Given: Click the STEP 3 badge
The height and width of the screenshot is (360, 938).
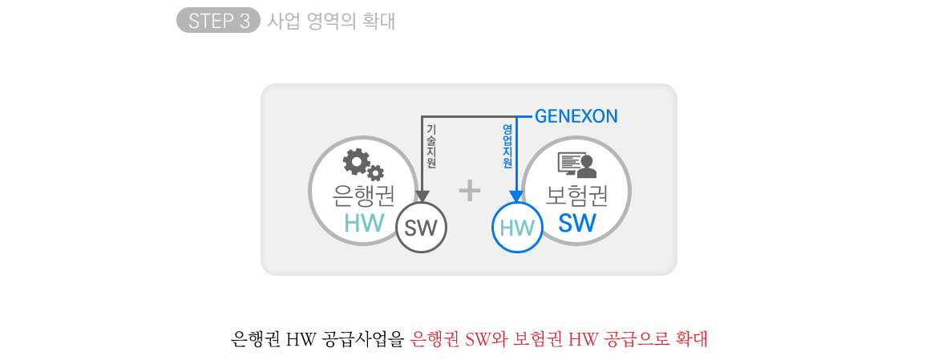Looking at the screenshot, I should click(x=218, y=21).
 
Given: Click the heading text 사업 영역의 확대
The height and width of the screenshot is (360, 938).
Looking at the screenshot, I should click(x=330, y=21).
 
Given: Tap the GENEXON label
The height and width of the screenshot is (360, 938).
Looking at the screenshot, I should click(x=576, y=116).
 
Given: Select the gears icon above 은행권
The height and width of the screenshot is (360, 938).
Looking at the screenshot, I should click(x=363, y=164).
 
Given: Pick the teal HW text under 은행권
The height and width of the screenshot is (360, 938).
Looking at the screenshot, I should click(x=364, y=223).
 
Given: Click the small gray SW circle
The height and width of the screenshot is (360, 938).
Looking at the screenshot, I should click(x=421, y=229).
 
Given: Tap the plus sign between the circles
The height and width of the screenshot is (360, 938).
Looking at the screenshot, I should click(x=469, y=190).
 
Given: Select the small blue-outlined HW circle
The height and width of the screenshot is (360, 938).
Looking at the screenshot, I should click(x=517, y=228).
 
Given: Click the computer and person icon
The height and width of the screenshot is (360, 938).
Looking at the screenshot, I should click(x=576, y=164).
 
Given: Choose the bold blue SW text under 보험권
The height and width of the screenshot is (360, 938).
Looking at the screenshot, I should click(x=577, y=223).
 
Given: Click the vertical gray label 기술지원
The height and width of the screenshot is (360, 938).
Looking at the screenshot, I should click(x=431, y=146).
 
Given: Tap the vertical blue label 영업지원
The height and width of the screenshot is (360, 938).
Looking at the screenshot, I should click(x=507, y=146).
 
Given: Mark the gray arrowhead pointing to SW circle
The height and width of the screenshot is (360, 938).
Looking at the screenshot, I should click(x=423, y=196).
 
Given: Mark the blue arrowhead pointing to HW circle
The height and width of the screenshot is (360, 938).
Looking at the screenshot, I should click(x=516, y=196).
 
